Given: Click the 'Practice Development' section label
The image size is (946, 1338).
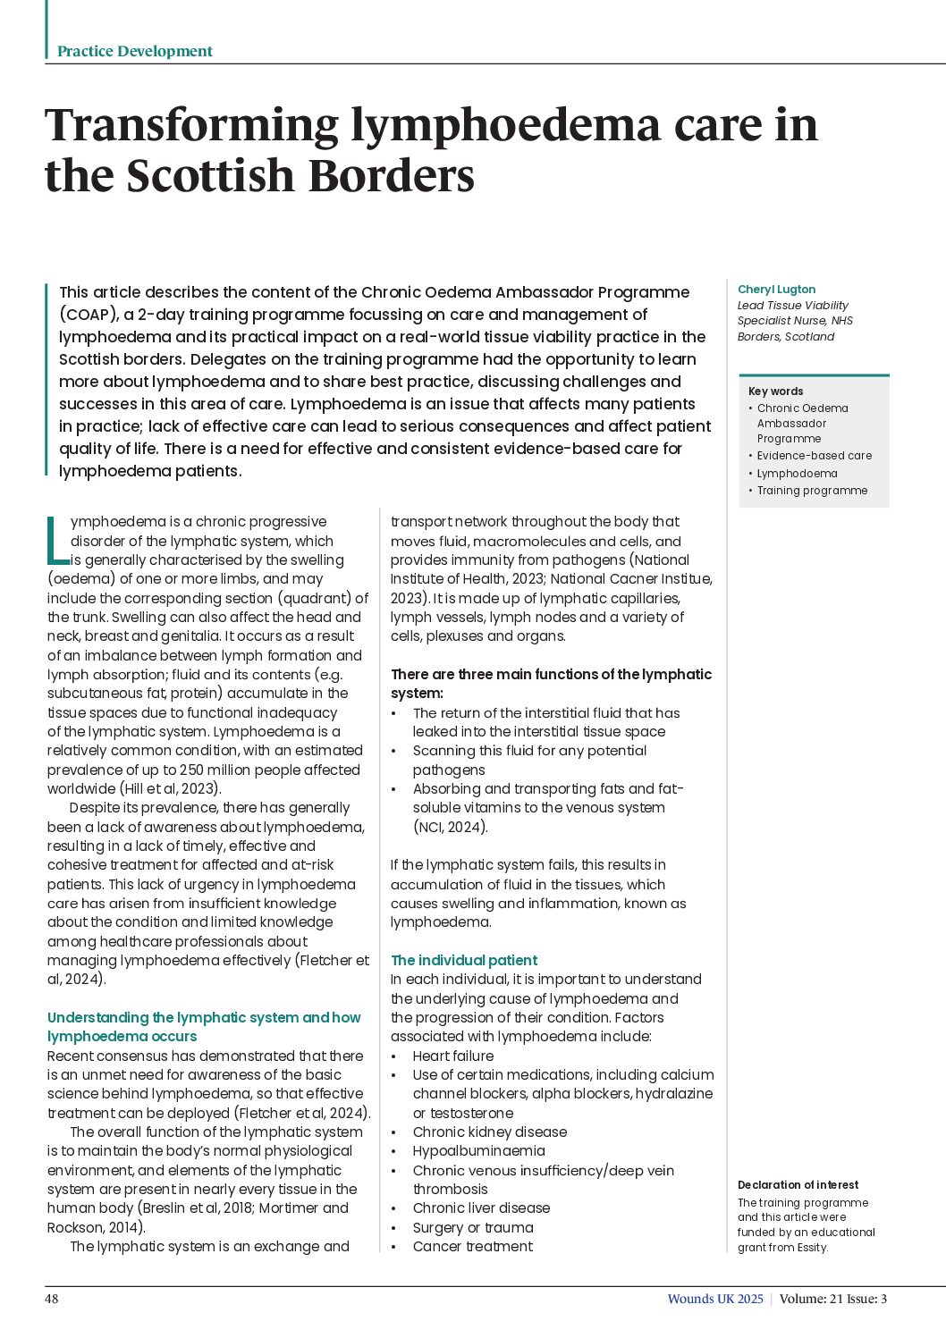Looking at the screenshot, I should (134, 52).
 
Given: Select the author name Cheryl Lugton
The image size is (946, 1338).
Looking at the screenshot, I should (776, 290).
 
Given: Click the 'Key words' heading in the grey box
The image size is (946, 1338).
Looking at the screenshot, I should (775, 391).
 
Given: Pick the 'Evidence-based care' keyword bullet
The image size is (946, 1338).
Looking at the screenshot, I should (814, 456).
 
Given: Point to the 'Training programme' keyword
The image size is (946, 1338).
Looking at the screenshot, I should (812, 491).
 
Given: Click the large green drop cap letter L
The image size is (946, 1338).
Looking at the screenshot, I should (56, 539).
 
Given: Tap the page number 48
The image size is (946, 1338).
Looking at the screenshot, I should (52, 1299).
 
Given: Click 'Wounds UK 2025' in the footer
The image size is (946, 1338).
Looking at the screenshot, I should (715, 1299).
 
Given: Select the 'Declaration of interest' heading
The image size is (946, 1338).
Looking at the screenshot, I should (798, 1185).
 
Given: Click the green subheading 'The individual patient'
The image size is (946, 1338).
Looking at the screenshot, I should (464, 961).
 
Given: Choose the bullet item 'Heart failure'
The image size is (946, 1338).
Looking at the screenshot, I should (452, 1056).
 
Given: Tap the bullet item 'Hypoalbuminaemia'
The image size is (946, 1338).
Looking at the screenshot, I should (478, 1151).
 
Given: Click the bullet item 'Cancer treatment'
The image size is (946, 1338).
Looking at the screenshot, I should (472, 1247).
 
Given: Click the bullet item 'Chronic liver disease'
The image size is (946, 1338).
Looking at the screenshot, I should (481, 1208).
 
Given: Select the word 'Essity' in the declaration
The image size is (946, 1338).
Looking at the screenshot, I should (810, 1248).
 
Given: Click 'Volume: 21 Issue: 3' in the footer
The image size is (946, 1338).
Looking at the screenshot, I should (832, 1299).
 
